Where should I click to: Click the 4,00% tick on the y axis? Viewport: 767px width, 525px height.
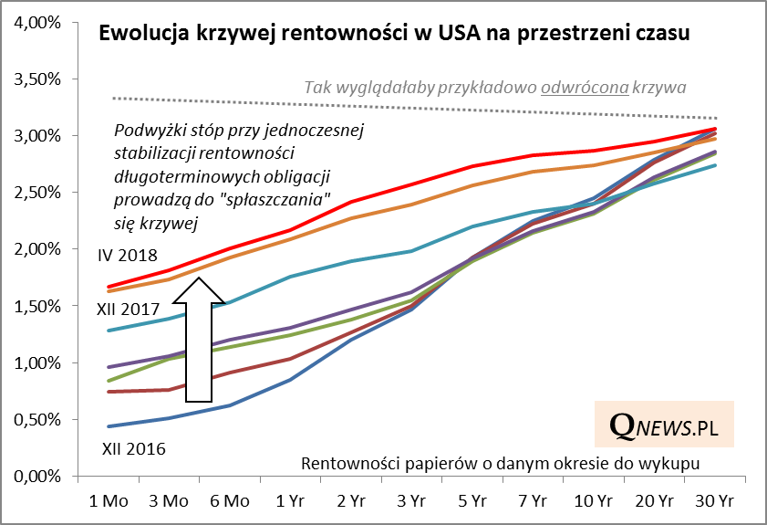pos(37,22)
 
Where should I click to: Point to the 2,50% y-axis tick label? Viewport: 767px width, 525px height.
pos(37,193)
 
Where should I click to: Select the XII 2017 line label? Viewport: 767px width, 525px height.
pos(127,310)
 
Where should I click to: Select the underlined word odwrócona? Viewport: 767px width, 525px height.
pos(585,88)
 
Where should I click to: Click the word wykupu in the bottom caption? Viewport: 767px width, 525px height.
pos(675,464)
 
